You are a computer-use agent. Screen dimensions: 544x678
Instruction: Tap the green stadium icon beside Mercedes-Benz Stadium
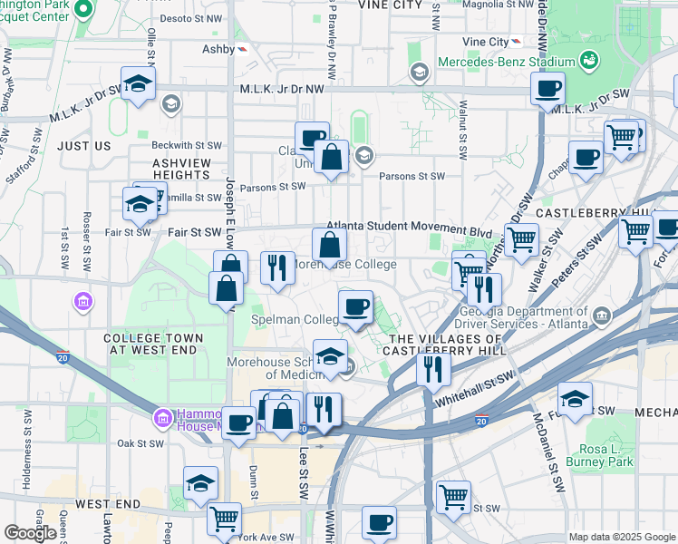pyautogui.click(x=590, y=62)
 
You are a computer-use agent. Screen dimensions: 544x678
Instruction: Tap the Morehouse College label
pyautogui.click(x=343, y=265)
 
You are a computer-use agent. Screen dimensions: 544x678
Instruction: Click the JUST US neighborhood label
pyautogui.click(x=83, y=145)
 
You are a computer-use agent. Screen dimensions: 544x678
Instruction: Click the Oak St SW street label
pyautogui.click(x=140, y=443)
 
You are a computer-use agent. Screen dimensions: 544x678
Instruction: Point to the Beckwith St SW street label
pyautogui.click(x=187, y=145)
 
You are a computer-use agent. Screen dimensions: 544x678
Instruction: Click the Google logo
pyautogui.click(x=29, y=533)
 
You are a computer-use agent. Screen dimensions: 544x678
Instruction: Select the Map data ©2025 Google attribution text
pyautogui.click(x=621, y=537)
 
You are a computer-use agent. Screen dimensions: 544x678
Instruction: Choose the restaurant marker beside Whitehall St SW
pyautogui.click(x=434, y=367)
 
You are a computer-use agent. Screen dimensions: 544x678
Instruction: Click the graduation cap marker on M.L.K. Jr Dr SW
pyautogui.click(x=138, y=84)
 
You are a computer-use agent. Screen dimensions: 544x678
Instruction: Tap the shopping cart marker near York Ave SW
pyautogui.click(x=224, y=519)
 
